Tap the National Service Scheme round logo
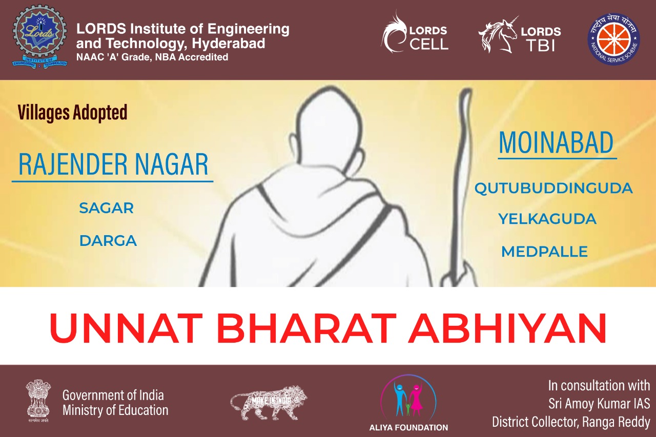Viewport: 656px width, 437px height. tap(614, 39)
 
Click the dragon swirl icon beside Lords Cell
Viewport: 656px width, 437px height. tap(394, 32)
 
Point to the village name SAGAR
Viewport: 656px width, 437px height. tap(106, 208)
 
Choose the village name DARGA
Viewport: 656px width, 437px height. tap(108, 241)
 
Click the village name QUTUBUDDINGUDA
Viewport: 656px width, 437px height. tap(553, 188)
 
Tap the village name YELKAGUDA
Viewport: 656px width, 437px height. tap(547, 219)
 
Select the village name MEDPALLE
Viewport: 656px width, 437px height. tap(544, 252)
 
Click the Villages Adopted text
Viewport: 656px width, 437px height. tap(73, 112)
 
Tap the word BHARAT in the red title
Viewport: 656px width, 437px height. tap(306, 328)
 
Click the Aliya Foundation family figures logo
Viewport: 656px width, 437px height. tap(408, 398)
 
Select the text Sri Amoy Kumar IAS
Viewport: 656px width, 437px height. tap(599, 404)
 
